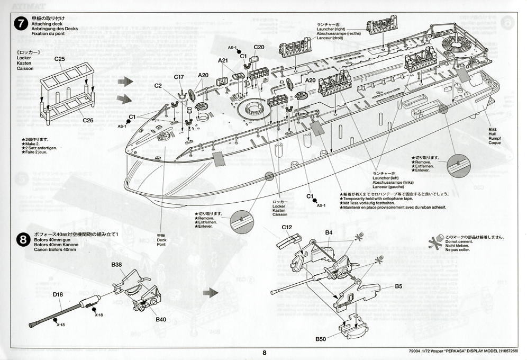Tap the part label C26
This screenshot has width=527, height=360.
[88, 120]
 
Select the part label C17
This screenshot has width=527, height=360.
[179, 77]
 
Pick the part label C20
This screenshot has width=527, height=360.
[259, 47]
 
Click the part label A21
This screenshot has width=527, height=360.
[223, 61]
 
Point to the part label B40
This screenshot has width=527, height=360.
[161, 320]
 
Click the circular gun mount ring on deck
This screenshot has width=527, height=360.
[253, 108]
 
